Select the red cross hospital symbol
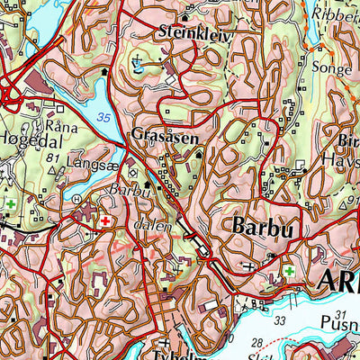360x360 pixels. tap(105, 220)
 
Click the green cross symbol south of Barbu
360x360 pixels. tap(289, 271)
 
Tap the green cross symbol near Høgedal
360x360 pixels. tap(11, 205)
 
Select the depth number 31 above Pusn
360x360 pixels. tap(338, 316)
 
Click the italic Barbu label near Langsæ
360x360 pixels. tap(127, 191)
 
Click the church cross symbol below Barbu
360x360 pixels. tap(249, 267)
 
